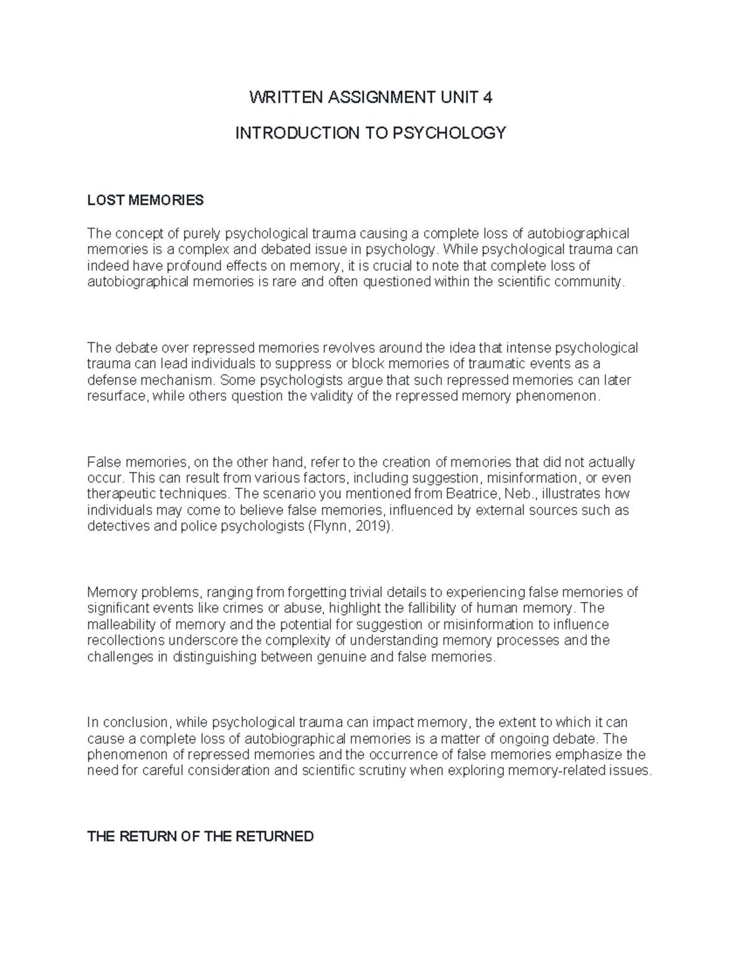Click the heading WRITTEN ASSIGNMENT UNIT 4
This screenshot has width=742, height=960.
[x=370, y=98]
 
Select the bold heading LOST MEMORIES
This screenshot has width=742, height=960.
[x=145, y=200]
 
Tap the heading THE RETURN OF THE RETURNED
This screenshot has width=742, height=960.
[x=201, y=837]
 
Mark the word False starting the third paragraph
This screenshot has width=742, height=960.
[x=104, y=462]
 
